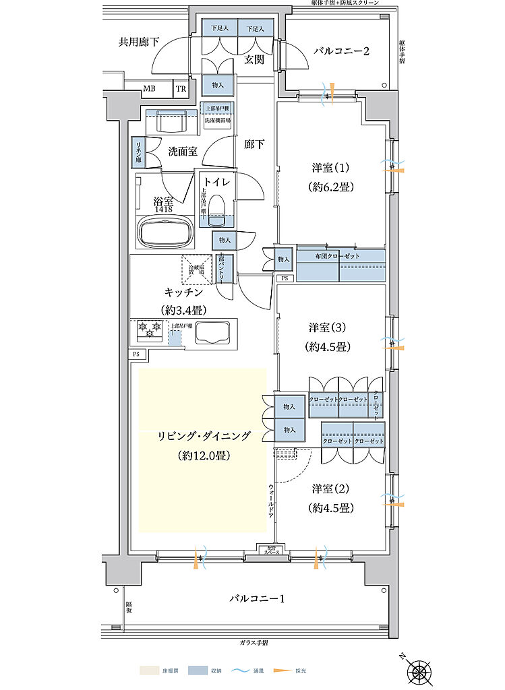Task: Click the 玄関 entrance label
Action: [x=254, y=60]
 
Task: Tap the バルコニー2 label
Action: [x=342, y=51]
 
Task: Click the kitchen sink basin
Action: [x=211, y=333]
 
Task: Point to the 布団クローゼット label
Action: [x=337, y=256]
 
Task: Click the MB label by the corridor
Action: [x=148, y=88]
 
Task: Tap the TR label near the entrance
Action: [x=181, y=88]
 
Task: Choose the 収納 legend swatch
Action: [x=198, y=670]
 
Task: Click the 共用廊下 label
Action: [x=139, y=42]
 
